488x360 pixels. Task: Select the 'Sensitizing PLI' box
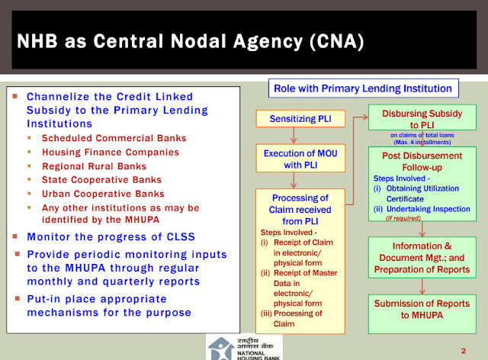301,119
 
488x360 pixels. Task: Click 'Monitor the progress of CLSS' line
108,236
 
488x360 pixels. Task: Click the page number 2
463,350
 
